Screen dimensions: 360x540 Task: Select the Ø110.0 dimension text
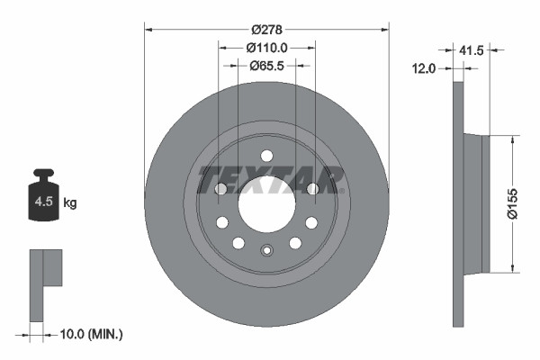(266, 47)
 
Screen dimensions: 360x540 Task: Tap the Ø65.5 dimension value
(267, 65)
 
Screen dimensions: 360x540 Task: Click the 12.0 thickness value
(424, 68)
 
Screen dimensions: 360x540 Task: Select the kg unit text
(70, 203)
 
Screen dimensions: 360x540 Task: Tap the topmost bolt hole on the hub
(266, 155)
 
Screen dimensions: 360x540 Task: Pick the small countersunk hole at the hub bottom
(266, 251)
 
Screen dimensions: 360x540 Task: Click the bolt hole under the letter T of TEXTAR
(220, 188)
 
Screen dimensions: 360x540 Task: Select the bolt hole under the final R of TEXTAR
(312, 188)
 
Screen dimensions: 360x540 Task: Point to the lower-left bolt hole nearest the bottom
(238, 243)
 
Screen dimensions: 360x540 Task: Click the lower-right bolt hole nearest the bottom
(294, 243)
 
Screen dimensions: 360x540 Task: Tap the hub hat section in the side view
(474, 203)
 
